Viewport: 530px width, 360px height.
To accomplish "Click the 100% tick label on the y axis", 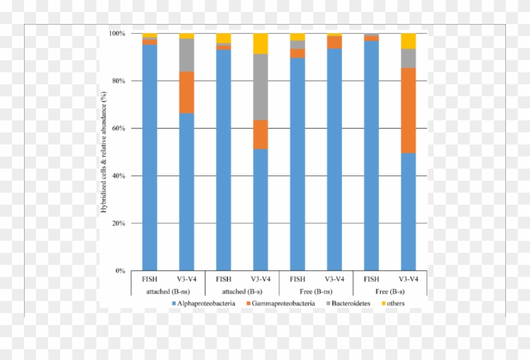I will tap(116, 34).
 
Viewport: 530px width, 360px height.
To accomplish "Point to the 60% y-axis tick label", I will tap(117, 128).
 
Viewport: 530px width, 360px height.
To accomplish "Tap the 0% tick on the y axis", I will tap(119, 271).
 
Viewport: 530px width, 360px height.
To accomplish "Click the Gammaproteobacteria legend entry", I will tap(282, 303).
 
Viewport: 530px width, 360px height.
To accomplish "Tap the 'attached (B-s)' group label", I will tap(242, 291).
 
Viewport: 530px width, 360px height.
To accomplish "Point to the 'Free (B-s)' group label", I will tap(390, 291).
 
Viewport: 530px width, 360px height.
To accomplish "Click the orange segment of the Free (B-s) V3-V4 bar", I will tap(408, 110).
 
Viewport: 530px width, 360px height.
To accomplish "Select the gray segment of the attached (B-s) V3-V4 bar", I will tap(260, 87).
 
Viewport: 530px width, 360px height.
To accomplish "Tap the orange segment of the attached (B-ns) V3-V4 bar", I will tap(186, 92).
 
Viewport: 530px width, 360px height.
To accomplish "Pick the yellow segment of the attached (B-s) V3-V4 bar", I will tap(260, 43).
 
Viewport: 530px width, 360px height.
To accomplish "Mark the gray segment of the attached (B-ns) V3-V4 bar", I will tap(186, 55).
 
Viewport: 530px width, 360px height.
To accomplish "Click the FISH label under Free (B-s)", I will tap(372, 279).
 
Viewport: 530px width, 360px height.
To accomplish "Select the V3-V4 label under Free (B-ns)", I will tap(334, 279).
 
